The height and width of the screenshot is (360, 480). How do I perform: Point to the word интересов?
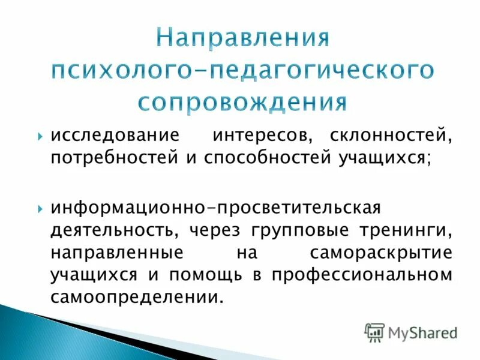tap(261, 136)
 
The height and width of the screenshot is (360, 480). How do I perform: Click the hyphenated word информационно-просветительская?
tap(215, 208)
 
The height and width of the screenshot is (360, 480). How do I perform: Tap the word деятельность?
tap(113, 230)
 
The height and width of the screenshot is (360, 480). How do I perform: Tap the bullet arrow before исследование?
tap(40, 136)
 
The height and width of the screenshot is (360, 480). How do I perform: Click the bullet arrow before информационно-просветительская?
tap(40, 208)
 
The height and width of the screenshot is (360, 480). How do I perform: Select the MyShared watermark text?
tap(422, 332)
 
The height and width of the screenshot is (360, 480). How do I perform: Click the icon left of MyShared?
tap(374, 332)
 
